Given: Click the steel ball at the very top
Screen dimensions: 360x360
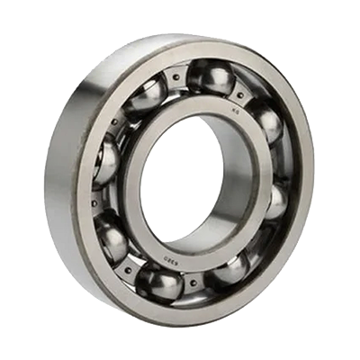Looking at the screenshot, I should click(209, 77).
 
